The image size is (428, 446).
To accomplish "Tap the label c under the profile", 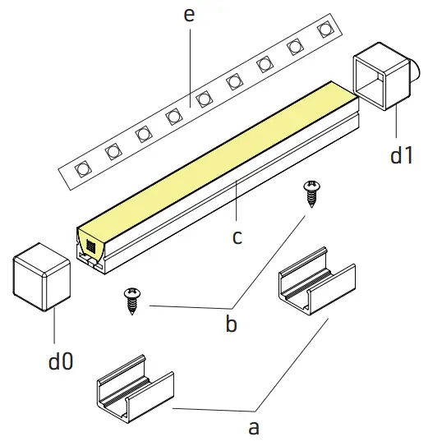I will (237, 237).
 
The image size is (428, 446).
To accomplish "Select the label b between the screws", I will (231, 324).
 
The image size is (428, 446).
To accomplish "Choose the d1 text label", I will (401, 154).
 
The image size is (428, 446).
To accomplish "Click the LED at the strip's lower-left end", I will (82, 169).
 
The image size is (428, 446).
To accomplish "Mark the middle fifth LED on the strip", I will (204, 99).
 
